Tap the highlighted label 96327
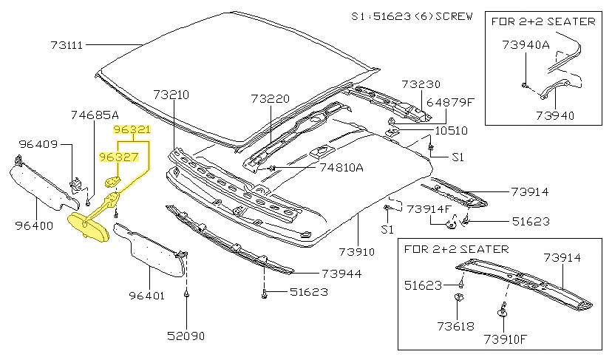pos(118,157)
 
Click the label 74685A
pos(95,115)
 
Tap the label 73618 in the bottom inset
pos(453,325)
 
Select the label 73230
pos(421,84)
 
